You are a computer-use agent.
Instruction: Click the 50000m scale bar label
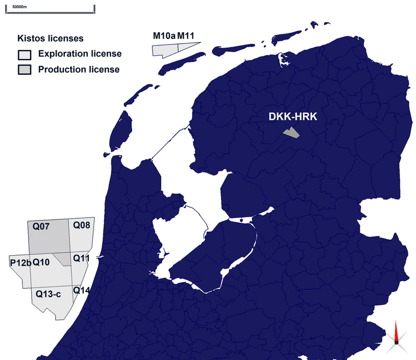point(20,6)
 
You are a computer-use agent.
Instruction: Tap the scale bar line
point(50,11)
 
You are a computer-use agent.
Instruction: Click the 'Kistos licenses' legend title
point(51,38)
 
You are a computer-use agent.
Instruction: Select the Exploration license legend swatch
point(25,55)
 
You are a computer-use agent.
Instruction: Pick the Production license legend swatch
point(25,70)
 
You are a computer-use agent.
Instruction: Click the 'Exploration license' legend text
point(80,54)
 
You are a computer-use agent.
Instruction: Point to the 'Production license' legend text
point(79,69)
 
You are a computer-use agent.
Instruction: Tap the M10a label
point(164,36)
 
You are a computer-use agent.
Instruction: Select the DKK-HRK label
point(293,117)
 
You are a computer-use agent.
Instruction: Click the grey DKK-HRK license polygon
point(291,133)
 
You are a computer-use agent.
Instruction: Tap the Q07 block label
point(42,226)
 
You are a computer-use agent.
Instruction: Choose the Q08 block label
point(82,225)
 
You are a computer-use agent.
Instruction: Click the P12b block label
point(20,263)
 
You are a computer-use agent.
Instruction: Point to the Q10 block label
point(41,263)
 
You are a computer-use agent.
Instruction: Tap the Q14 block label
point(82,290)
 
